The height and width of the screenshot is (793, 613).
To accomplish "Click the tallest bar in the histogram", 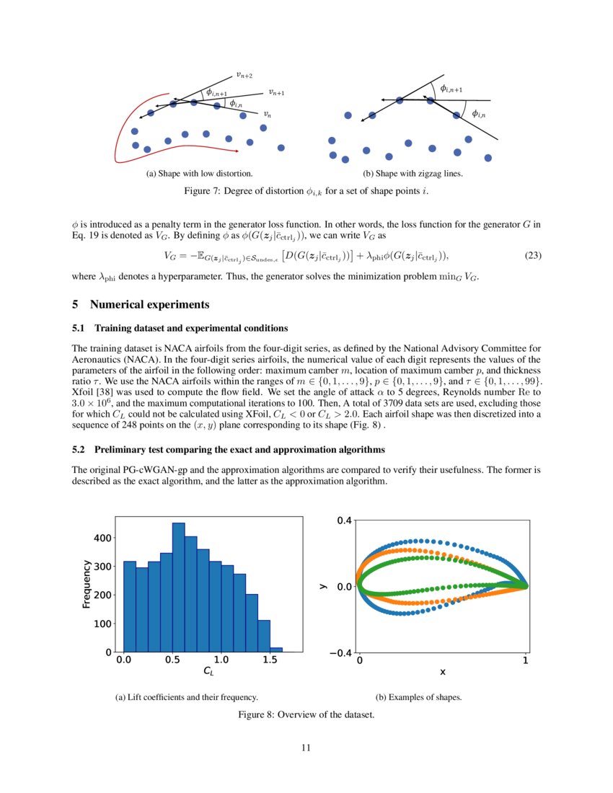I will click(178, 587).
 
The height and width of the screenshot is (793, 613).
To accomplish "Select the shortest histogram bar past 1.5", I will click(275, 650).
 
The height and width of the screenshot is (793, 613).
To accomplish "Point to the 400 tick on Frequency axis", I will click(102, 538).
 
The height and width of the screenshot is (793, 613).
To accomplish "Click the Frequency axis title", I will click(87, 584).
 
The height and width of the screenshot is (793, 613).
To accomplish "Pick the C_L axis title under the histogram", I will click(209, 672).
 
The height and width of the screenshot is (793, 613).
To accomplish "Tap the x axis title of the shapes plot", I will click(442, 672).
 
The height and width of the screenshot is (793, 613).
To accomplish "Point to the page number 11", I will click(306, 748).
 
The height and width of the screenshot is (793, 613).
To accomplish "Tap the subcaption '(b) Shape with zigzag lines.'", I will click(413, 174).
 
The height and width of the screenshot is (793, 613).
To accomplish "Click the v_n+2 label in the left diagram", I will click(244, 74).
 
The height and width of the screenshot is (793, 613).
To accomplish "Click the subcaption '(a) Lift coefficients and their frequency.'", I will click(188, 698).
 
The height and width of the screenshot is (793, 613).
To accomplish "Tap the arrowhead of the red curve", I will click(237, 150).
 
